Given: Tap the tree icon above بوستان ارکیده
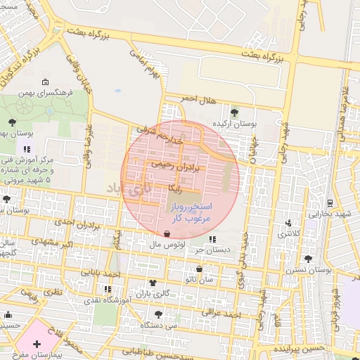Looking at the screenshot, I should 234,112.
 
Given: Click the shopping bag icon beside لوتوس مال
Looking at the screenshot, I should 166,234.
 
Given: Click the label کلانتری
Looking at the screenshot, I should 288,233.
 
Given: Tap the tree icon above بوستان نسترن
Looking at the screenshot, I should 308,259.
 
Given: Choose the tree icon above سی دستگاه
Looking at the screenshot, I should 157,314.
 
